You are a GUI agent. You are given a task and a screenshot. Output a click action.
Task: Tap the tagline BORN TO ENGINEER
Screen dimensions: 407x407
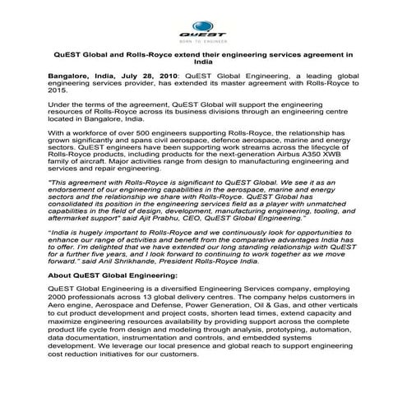(x=203, y=39)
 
